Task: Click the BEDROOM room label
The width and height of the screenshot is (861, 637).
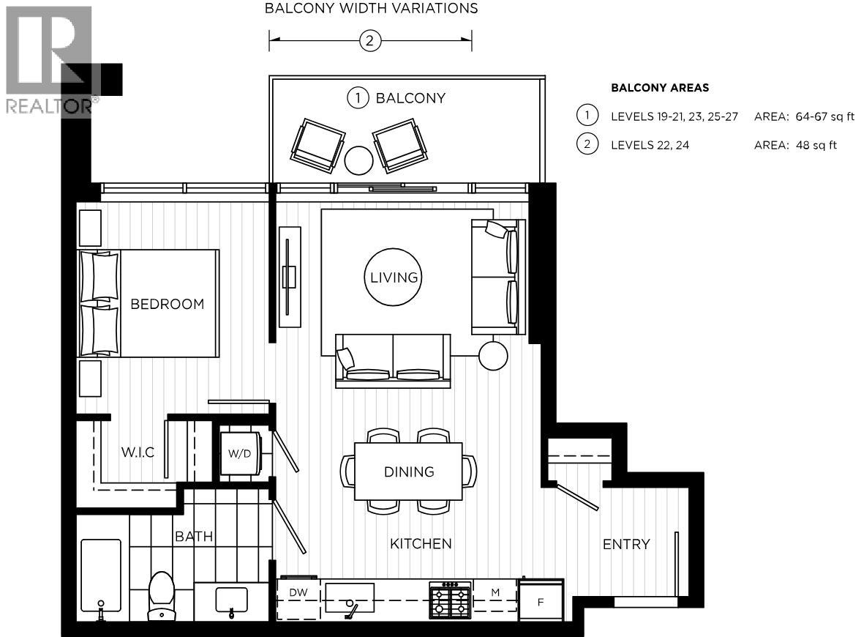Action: click(x=167, y=304)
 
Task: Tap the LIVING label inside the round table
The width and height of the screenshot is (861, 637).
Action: click(x=393, y=277)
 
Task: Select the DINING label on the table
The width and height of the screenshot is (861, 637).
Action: click(x=409, y=472)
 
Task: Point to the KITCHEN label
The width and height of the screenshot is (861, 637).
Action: click(x=420, y=543)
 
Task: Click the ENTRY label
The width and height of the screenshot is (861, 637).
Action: click(x=625, y=544)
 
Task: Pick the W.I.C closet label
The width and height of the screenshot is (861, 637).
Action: click(x=138, y=452)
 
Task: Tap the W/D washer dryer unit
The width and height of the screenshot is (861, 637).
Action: click(x=239, y=453)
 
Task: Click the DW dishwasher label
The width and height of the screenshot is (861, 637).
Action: click(x=297, y=592)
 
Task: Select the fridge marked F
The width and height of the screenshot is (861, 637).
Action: click(x=541, y=602)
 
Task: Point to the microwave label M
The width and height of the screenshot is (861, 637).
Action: click(x=495, y=592)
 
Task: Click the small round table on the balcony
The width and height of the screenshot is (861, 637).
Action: click(x=358, y=160)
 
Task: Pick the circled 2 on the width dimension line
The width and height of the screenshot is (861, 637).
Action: click(x=369, y=41)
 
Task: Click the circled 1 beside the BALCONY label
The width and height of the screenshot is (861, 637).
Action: click(x=357, y=98)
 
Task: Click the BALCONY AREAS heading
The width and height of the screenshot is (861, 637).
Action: click(x=660, y=88)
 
